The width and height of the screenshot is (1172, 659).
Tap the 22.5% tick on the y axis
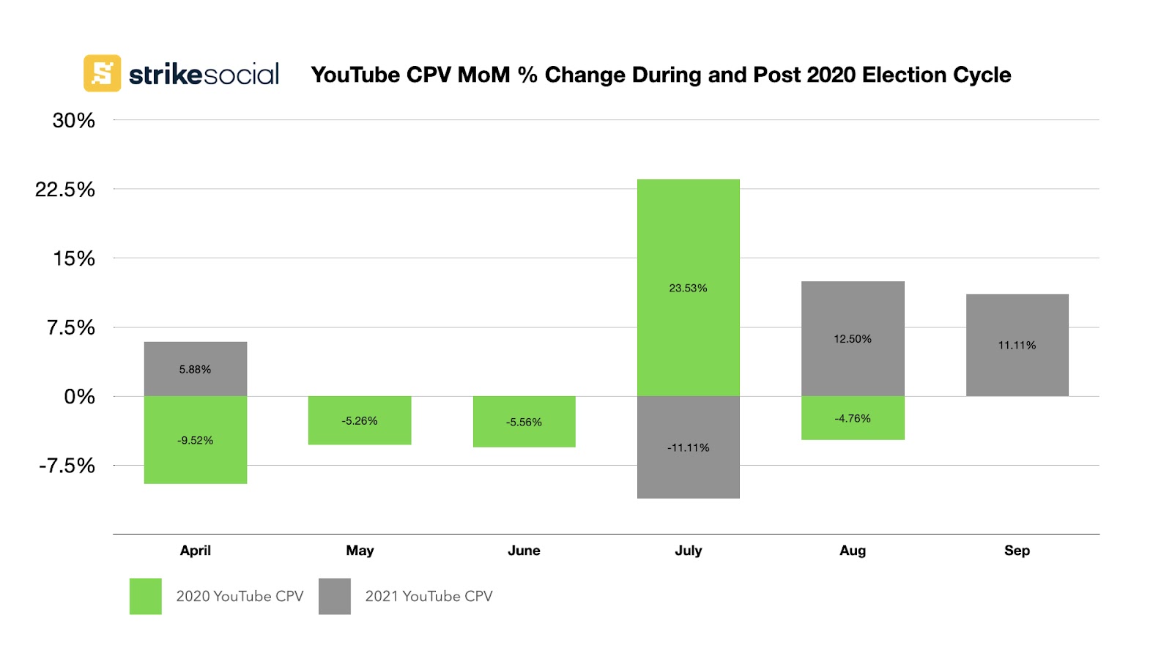pos(65,190)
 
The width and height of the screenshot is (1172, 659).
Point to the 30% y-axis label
pos(74,121)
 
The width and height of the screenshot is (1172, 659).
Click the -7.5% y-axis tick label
pos(67,466)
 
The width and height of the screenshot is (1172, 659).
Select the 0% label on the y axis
pos(80,397)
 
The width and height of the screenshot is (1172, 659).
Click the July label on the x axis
pos(688,551)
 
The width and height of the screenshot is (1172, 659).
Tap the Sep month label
pos(1017,551)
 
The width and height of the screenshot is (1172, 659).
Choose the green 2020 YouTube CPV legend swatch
pos(145,596)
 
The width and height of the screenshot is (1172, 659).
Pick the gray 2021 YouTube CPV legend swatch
pos(334,596)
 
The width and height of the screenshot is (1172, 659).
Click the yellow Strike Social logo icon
pos(102,73)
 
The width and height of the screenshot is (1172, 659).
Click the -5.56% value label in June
pos(524,422)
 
